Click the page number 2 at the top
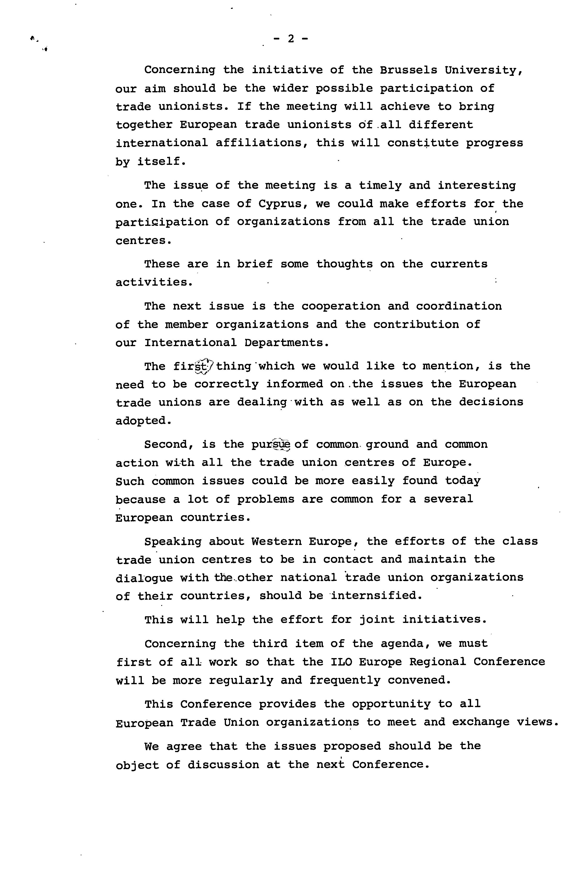pyautogui.click(x=291, y=39)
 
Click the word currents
pyautogui.click(x=459, y=264)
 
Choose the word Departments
pyautogui.click(x=287, y=343)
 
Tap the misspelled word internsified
pyautogui.click(x=376, y=595)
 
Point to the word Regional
pyautogui.click(x=438, y=662)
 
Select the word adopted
pyautogui.click(x=144, y=421)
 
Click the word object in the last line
pyautogui.click(x=137, y=765)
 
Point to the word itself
pyautogui.click(x=161, y=161)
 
